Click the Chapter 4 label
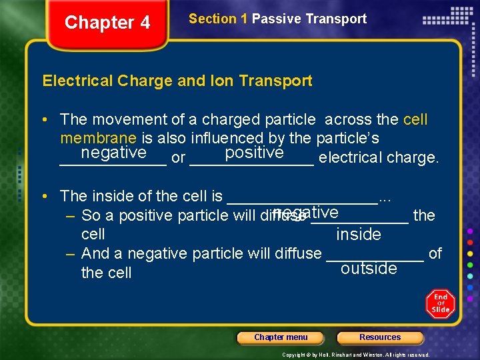tap(107, 23)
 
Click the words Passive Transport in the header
tap(309, 19)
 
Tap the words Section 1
tap(218, 19)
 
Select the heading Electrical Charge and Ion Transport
tap(177, 81)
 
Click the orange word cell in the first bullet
tap(415, 119)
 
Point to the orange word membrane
tap(98, 138)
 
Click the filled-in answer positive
tap(255, 153)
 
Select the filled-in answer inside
tap(359, 234)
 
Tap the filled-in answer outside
tap(369, 268)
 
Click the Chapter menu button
tap(281, 337)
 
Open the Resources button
tap(380, 337)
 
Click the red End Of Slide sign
tap(441, 304)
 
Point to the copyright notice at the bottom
tap(355, 355)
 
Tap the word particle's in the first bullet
tap(349, 138)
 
